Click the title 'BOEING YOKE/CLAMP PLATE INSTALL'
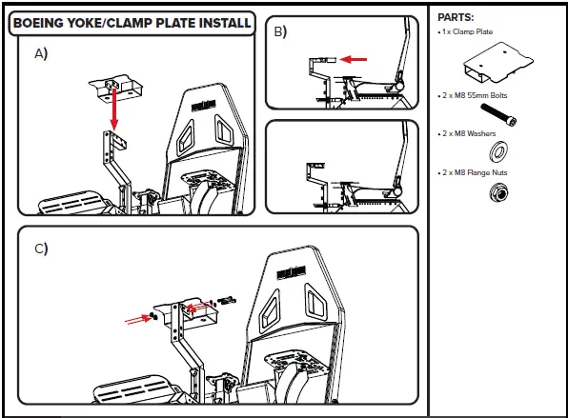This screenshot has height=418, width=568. pyautogui.click(x=132, y=23)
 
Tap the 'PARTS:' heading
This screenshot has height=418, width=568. pyautogui.click(x=456, y=17)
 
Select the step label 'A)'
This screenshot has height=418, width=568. pyautogui.click(x=41, y=53)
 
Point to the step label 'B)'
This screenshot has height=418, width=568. pyautogui.click(x=280, y=31)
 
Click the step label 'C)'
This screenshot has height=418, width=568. pyautogui.click(x=41, y=249)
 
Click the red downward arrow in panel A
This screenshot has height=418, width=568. pyautogui.click(x=114, y=109)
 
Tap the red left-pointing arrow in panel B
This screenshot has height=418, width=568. pyautogui.click(x=354, y=59)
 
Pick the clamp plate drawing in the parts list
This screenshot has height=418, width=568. pyautogui.click(x=498, y=63)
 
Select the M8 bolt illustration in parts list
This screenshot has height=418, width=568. pyautogui.click(x=498, y=114)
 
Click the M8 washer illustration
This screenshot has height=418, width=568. pyautogui.click(x=498, y=150)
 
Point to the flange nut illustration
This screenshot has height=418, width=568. pyautogui.click(x=498, y=192)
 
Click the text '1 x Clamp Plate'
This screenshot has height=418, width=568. pyautogui.click(x=467, y=31)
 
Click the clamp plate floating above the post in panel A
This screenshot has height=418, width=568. pyautogui.click(x=116, y=89)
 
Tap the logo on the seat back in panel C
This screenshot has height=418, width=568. pyautogui.click(x=292, y=273)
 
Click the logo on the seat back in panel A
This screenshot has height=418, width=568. pyautogui.click(x=204, y=106)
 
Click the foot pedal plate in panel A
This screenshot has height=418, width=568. pyautogui.click(x=71, y=203)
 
